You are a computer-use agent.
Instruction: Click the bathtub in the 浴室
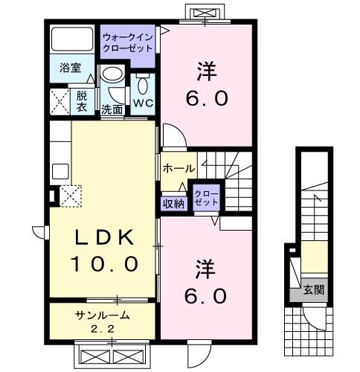[72, 39]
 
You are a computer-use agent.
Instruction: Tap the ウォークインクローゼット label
[127, 42]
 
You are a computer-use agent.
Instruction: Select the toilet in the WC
[143, 83]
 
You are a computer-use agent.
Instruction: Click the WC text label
[143, 103]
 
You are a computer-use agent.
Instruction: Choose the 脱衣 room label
[82, 101]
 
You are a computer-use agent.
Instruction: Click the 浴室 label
[71, 68]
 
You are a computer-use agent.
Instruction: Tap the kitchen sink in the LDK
[60, 171]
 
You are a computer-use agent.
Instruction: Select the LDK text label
[105, 237]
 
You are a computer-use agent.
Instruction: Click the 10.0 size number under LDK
[104, 263]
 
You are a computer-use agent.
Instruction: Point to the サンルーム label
[102, 315]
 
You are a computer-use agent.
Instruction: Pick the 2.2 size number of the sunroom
[103, 329]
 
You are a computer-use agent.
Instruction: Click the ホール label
[179, 169]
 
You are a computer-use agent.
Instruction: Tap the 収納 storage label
[173, 204]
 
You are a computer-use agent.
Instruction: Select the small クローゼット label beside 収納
[206, 198]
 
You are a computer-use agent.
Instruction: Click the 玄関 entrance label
[314, 289]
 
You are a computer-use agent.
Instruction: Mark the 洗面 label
[112, 109]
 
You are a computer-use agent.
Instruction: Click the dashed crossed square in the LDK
[71, 196]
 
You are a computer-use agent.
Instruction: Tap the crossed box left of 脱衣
[60, 102]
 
